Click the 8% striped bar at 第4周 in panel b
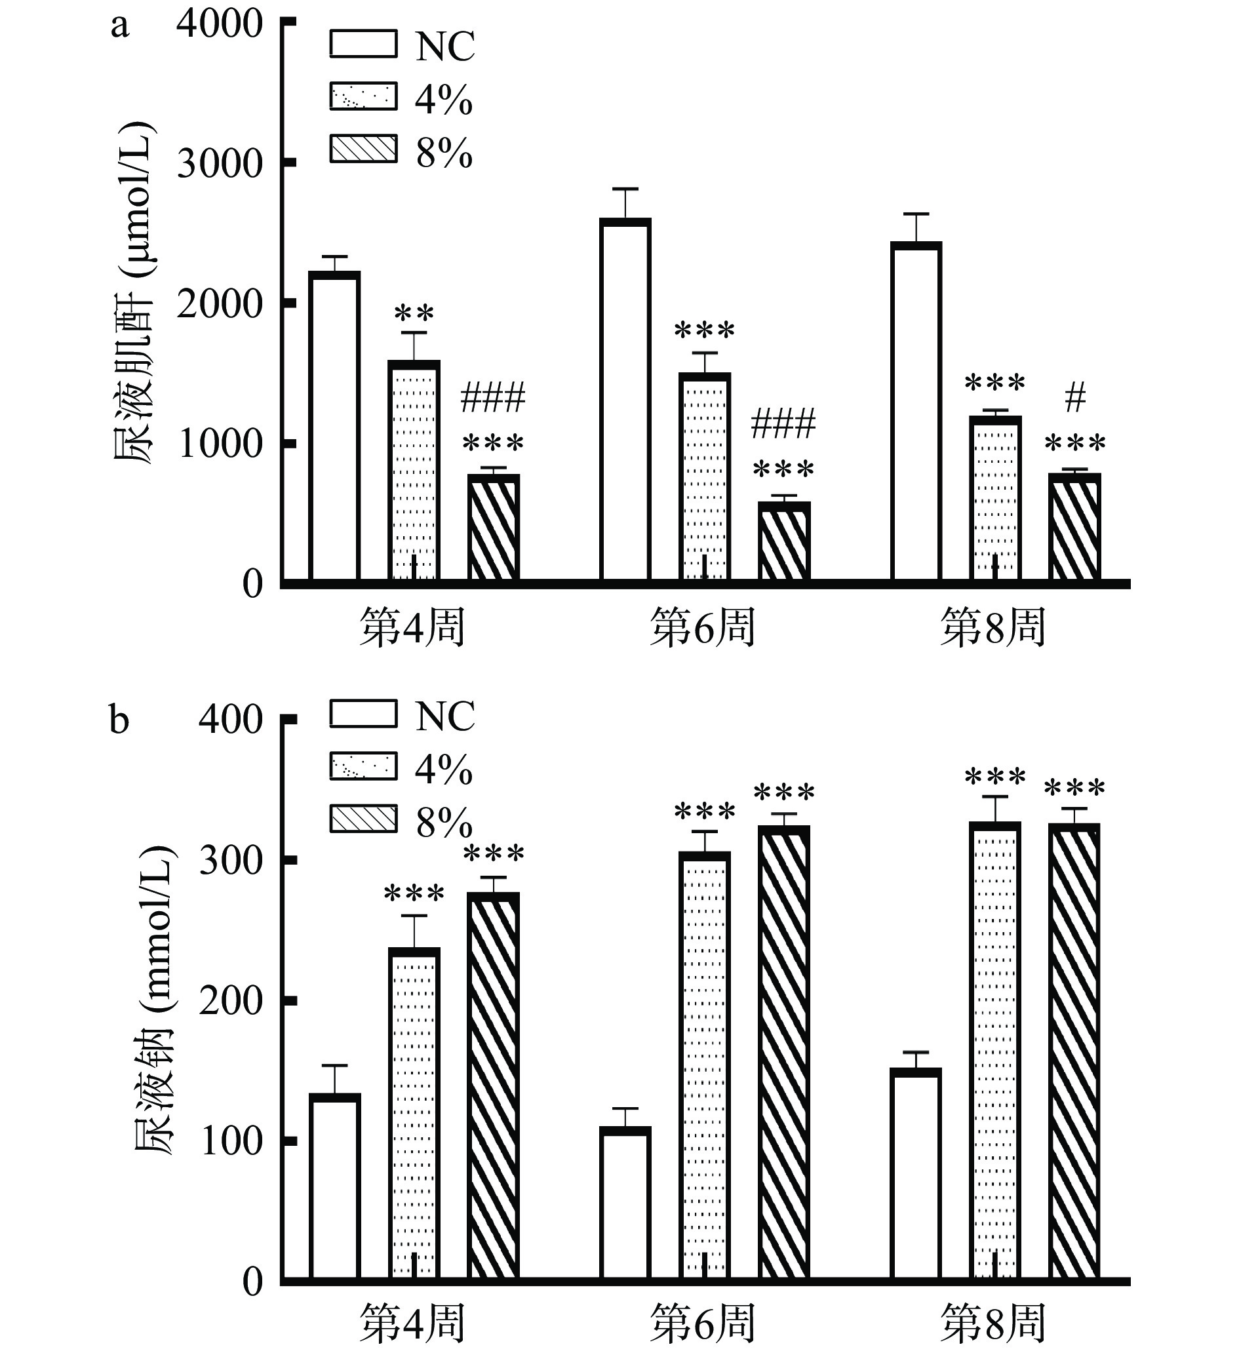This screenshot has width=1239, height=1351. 493,1086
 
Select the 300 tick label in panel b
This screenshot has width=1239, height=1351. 230,860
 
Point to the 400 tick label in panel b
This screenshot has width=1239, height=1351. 230,720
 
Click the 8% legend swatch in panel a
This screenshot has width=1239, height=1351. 363,149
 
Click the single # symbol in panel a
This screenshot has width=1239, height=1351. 1074,400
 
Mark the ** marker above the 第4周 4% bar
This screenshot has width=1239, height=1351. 414,313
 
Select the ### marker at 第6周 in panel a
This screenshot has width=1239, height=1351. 783,423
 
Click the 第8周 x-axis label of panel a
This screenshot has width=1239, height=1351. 993,628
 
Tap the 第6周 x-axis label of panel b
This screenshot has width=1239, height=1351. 702,1323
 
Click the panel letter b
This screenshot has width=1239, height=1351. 119,721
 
